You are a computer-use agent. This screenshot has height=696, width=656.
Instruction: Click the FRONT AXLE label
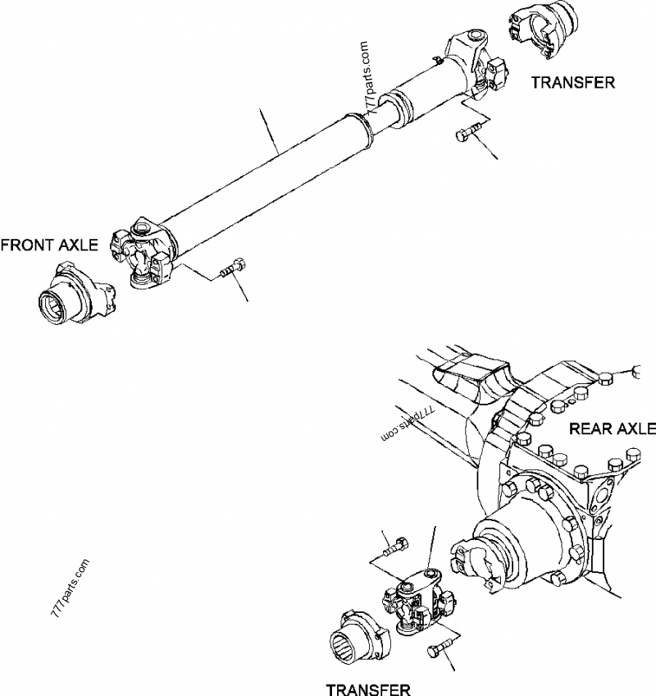tap(49, 245)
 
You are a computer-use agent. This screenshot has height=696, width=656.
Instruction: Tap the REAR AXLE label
tap(612, 428)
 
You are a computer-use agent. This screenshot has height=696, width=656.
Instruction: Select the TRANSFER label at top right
tap(573, 83)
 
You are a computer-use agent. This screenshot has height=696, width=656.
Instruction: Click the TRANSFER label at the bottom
tap(368, 689)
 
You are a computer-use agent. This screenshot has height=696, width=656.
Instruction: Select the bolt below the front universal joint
tap(234, 268)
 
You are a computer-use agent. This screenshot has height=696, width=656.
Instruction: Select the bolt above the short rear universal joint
tap(395, 547)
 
